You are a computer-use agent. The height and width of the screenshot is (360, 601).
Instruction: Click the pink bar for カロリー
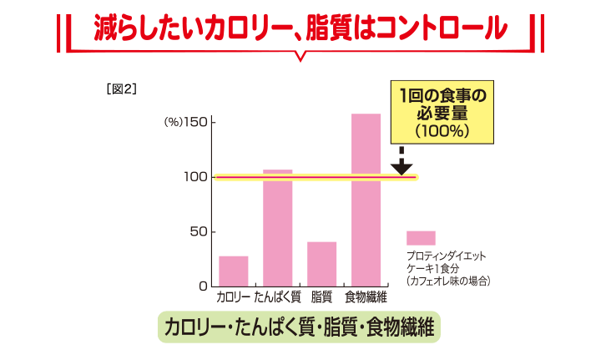point(234,271)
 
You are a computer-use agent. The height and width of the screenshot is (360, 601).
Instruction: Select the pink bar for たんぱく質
point(278,227)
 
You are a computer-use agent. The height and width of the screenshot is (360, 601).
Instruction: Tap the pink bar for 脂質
point(322,263)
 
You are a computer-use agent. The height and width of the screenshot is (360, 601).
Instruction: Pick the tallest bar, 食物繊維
point(366,200)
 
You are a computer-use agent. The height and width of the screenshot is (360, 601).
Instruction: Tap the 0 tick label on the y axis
point(202,286)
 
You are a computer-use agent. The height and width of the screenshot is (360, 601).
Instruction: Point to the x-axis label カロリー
point(234,297)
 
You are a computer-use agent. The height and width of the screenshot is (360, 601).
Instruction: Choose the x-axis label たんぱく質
point(278,297)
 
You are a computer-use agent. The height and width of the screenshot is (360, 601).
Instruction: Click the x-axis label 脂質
point(322,297)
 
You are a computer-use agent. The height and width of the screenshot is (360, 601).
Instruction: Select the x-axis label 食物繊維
point(366,297)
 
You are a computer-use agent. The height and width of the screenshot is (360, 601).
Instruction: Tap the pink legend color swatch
point(421,237)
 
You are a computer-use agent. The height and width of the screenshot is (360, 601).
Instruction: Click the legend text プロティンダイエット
point(446,256)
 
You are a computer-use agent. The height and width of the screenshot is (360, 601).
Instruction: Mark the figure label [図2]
point(122,88)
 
